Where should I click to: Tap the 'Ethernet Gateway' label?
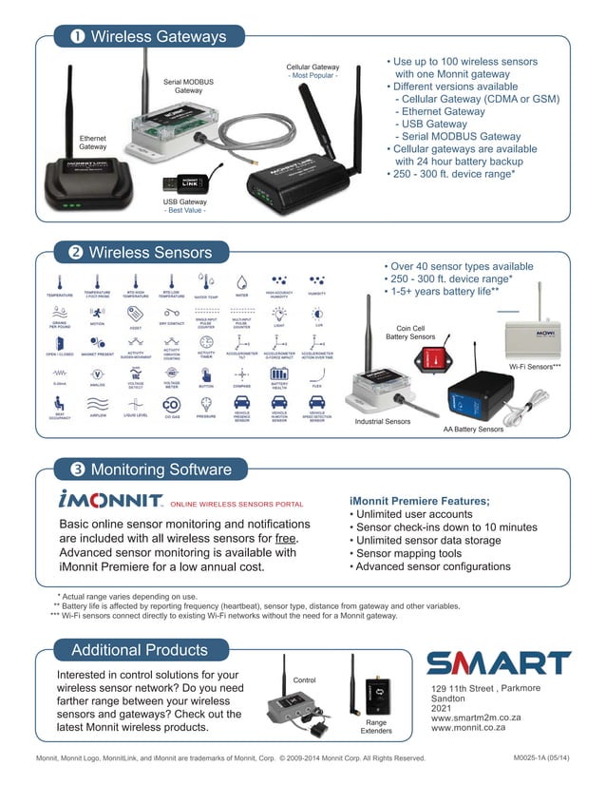(92, 143)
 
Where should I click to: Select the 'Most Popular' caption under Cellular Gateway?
(312, 75)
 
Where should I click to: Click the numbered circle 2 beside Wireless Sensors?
(74, 253)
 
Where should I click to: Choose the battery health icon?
(278, 373)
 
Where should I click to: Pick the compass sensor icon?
(242, 373)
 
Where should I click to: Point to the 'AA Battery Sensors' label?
(473, 430)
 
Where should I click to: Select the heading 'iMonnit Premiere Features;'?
(420, 501)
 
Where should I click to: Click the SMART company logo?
(498, 661)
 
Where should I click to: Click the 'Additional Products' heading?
(139, 650)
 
